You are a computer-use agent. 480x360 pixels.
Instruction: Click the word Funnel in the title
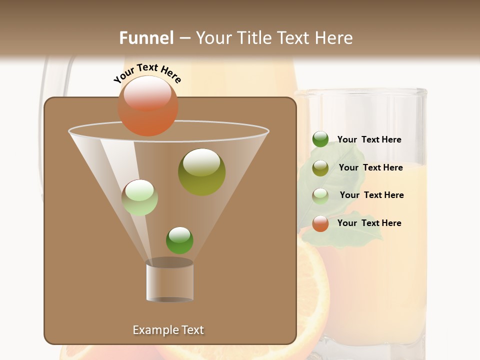[x=146, y=38]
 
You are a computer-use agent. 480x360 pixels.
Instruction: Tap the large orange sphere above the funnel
[x=148, y=106]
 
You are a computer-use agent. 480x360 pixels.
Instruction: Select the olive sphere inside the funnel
[x=201, y=172]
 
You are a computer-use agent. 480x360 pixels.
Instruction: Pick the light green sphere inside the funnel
[x=139, y=197]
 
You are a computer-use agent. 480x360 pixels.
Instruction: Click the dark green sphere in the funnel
[x=179, y=240]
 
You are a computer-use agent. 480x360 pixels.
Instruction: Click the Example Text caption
[x=168, y=330]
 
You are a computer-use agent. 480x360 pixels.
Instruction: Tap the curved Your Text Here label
[x=147, y=73]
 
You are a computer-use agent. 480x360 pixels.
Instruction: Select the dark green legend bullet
[x=320, y=139]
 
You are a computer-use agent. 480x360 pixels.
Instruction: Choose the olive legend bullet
[x=320, y=167]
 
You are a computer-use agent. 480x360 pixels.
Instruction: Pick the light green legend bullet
[x=320, y=195]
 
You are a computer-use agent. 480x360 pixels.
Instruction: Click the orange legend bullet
[x=320, y=223]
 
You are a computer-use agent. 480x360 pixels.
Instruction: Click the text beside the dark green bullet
[x=369, y=139]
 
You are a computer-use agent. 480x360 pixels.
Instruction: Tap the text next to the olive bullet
[x=370, y=167]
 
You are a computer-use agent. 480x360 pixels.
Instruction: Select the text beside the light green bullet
[x=371, y=195]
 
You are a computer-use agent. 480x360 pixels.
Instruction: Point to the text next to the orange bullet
[x=369, y=223]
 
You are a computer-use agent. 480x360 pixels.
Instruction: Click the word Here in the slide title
[x=334, y=38]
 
